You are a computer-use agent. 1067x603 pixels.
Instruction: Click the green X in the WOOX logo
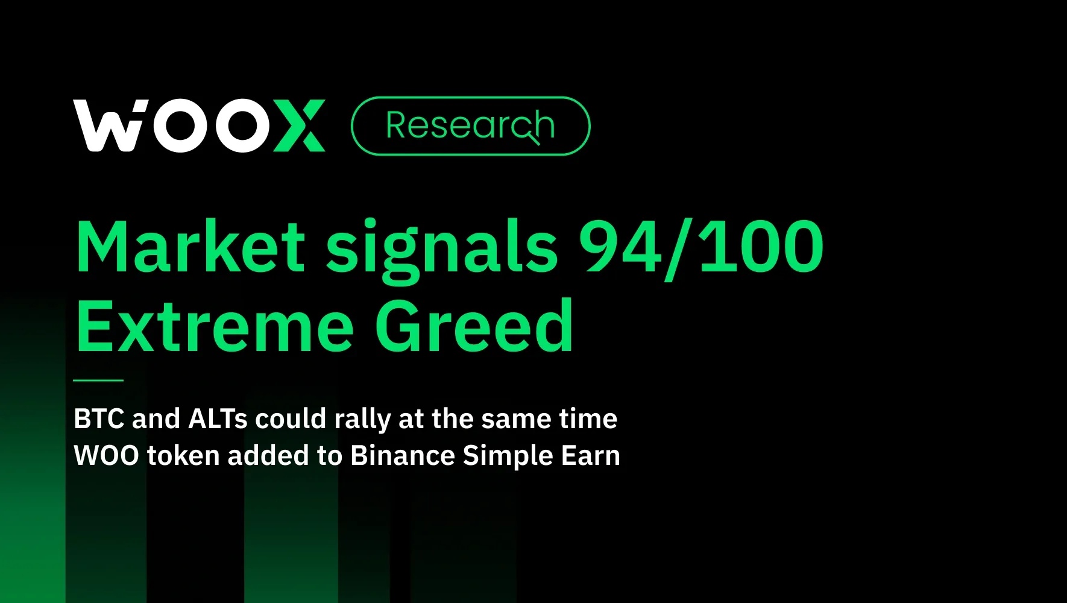point(298,126)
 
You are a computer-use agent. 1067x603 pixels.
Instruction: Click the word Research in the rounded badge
point(470,125)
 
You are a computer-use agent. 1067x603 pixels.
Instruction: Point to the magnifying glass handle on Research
point(533,139)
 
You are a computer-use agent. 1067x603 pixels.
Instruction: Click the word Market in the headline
point(191,247)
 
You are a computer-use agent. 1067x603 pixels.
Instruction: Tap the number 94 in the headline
point(620,247)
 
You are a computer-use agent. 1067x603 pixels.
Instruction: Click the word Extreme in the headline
point(215,326)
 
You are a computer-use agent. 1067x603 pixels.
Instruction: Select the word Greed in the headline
point(474,324)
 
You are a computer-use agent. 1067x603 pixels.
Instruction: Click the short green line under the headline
point(98,380)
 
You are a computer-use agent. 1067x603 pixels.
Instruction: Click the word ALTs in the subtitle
point(218,418)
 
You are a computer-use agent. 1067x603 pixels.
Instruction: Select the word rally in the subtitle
point(363,420)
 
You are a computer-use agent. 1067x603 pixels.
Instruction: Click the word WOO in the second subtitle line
point(106,456)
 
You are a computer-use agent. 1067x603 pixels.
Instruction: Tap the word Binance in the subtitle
point(402,455)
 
